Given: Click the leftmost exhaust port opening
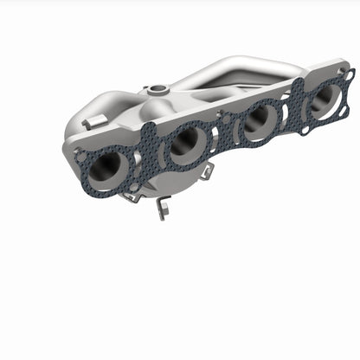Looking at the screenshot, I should click(x=107, y=170).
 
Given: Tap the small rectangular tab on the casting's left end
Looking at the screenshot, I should click(x=88, y=122).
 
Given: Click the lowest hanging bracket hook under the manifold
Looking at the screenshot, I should click(x=160, y=210).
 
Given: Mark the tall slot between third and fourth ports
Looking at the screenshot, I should click(x=286, y=109).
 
